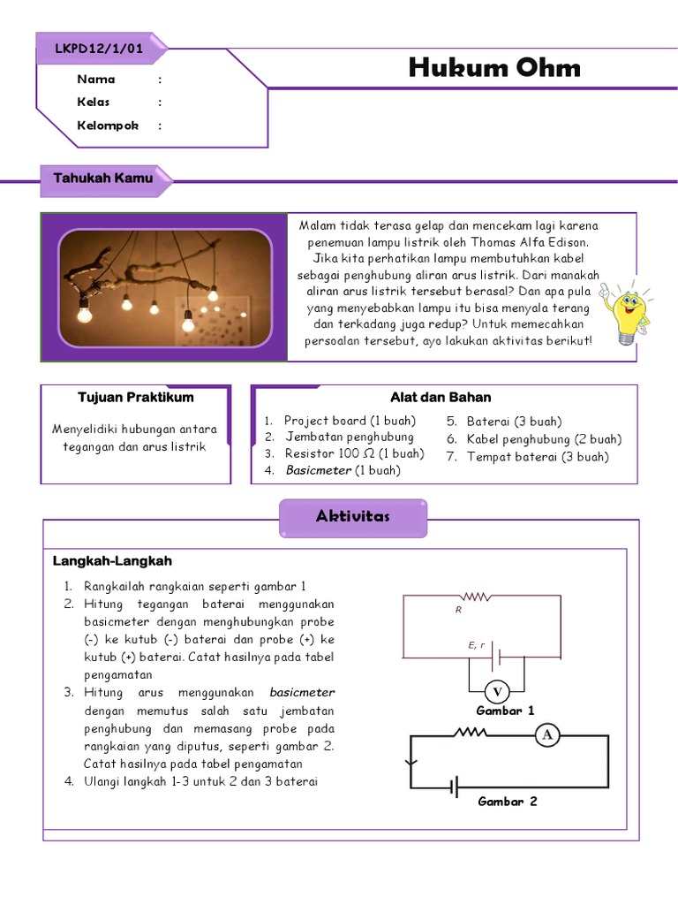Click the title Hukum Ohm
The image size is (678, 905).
[x=494, y=67]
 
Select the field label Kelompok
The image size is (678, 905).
[x=108, y=125]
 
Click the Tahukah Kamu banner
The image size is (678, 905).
[x=102, y=179]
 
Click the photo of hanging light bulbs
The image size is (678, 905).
[x=165, y=287]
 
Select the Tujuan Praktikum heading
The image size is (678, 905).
[x=136, y=398]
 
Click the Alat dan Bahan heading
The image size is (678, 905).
[x=441, y=398]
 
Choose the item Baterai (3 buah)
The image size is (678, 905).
[x=514, y=422]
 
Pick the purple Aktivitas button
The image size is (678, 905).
[x=353, y=517]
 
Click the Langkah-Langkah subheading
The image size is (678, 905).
[x=112, y=561]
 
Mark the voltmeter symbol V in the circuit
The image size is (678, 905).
[x=496, y=691]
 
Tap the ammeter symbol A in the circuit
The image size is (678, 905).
[x=547, y=734]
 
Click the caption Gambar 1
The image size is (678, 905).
[x=505, y=711]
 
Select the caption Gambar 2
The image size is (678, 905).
[x=507, y=802]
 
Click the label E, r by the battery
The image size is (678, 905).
[x=477, y=645]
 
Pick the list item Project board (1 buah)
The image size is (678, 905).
[x=350, y=421]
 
